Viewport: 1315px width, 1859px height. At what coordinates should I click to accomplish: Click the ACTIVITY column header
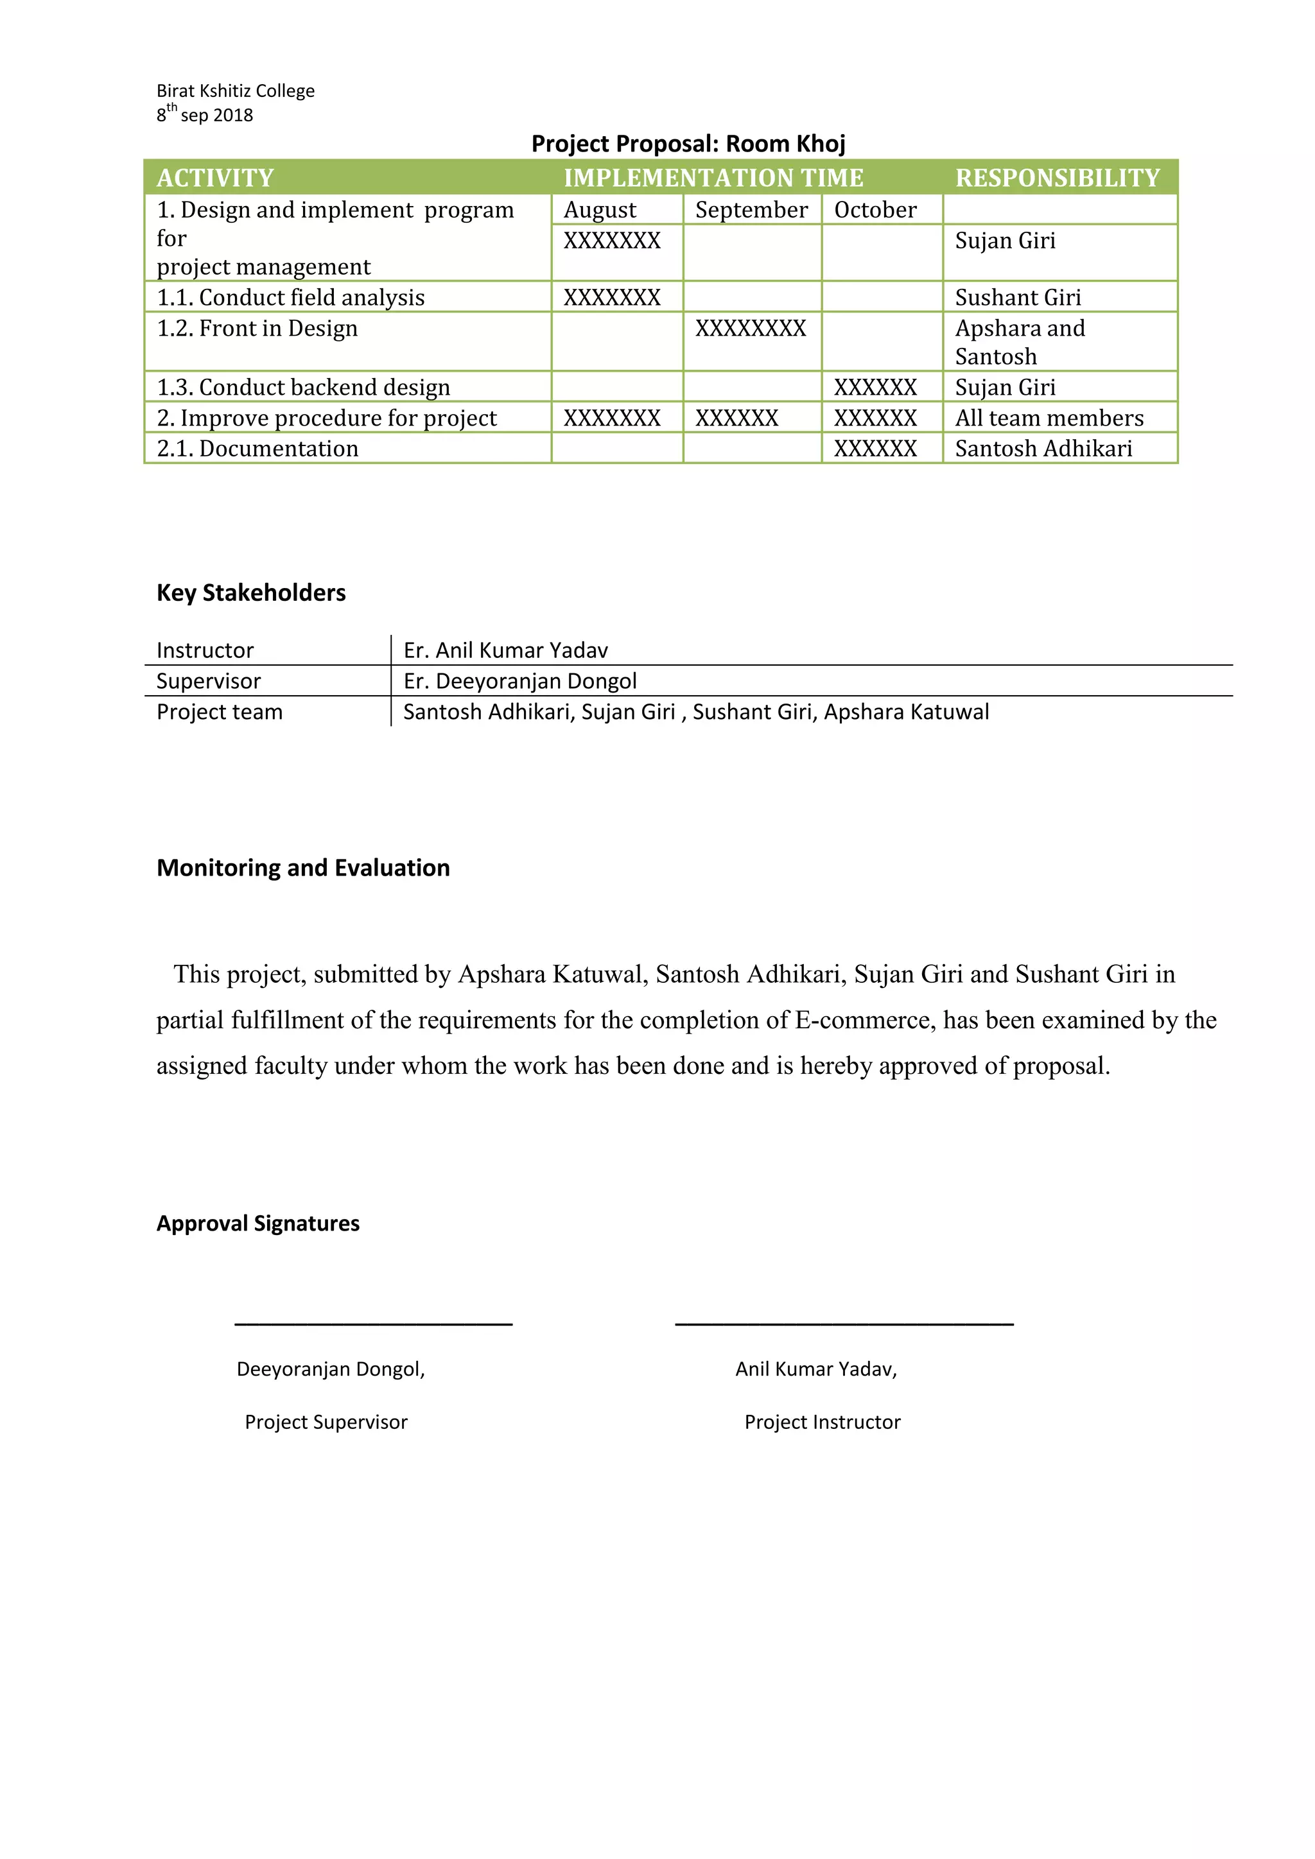pos(215,177)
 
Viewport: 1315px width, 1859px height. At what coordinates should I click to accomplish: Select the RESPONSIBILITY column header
pos(1058,177)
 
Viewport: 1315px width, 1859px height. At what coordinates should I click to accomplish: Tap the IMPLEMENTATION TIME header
pos(713,177)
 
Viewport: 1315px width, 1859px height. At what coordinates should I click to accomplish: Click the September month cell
pos(751,210)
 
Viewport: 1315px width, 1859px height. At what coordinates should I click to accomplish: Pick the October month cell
pos(875,210)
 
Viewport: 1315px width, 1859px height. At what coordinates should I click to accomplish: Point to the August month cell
pos(600,210)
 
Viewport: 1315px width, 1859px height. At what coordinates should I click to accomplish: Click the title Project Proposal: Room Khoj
pos(688,143)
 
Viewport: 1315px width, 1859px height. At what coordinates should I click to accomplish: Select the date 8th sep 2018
pos(205,114)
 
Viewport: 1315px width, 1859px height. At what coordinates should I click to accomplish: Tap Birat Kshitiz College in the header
pos(236,91)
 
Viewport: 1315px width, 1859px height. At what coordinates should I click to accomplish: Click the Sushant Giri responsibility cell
pos(1018,297)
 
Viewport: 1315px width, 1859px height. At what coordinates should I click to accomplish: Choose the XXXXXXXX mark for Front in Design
pos(750,328)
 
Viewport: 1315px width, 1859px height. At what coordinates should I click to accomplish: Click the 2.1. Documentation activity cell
pos(257,449)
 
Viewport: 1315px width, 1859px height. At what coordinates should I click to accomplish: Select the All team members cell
pos(1049,418)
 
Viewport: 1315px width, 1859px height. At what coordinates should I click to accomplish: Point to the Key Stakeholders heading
pos(251,592)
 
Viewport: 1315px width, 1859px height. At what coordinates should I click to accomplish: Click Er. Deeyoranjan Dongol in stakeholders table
pos(520,681)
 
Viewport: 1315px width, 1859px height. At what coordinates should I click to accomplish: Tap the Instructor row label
pos(205,650)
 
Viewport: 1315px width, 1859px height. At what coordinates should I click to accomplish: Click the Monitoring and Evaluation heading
pos(303,868)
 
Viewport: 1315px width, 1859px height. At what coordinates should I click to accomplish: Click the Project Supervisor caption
pos(326,1422)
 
